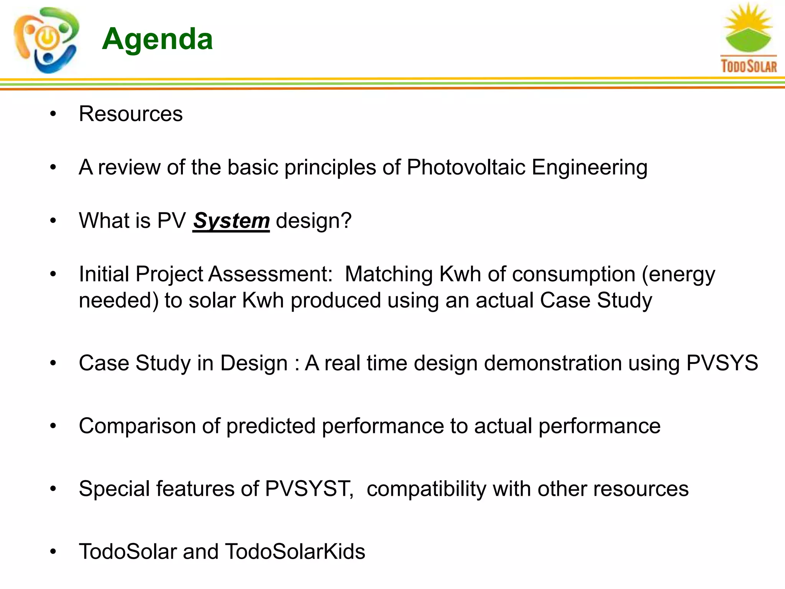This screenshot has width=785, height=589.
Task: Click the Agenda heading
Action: [157, 39]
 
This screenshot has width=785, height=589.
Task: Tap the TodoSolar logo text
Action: [749, 66]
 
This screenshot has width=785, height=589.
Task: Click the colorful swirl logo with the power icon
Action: [46, 40]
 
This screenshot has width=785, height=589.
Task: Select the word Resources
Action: [131, 114]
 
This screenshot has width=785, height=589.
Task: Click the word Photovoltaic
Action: [466, 167]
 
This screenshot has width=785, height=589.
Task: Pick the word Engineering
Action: [590, 168]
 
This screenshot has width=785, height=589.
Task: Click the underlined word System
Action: [231, 221]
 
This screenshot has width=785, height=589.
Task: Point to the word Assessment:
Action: [271, 275]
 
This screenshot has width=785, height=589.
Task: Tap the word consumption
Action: [574, 275]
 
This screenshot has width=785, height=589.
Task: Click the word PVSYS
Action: [722, 363]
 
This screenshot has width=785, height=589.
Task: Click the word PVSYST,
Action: [309, 489]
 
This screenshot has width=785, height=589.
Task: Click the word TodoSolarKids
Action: [295, 551]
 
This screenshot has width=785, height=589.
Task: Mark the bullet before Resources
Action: [53, 114]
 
